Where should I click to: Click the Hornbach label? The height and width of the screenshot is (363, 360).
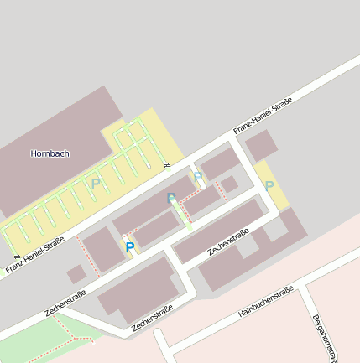pyautogui.click(x=50, y=153)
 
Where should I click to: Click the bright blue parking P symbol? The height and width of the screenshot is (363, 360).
pyautogui.click(x=129, y=247)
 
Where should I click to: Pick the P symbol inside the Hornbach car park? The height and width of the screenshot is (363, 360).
pyautogui.click(x=96, y=183)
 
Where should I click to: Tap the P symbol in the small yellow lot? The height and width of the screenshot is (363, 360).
pyautogui.click(x=269, y=185)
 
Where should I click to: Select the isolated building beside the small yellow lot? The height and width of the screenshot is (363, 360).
pyautogui.click(x=261, y=145)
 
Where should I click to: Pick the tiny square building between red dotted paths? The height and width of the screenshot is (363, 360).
pyautogui.click(x=229, y=184)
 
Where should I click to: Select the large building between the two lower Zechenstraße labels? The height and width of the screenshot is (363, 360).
pyautogui.click(x=138, y=289)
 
